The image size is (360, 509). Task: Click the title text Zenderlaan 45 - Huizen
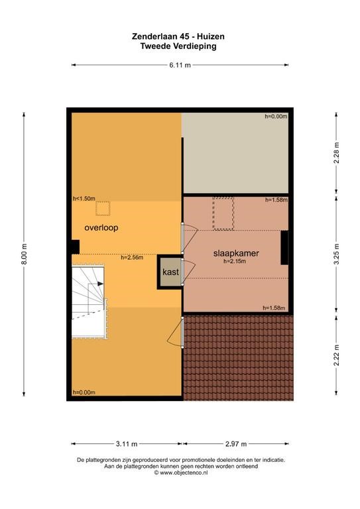point(178,36)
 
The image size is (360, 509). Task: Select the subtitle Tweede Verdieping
point(178,46)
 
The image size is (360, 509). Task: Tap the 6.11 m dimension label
point(180,65)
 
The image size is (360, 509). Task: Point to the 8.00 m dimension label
point(24,254)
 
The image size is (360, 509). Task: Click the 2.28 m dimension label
point(336,153)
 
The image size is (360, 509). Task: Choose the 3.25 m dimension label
point(336,254)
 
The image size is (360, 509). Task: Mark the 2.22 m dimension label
point(336,355)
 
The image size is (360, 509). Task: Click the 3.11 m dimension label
point(127,444)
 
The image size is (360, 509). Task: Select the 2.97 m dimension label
point(236,444)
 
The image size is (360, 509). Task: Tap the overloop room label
point(101,227)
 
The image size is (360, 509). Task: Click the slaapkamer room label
point(236,253)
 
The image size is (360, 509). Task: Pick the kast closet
point(170,272)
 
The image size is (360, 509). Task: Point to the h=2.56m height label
point(132,258)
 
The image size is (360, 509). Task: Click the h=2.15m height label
point(235,261)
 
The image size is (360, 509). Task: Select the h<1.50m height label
point(84,199)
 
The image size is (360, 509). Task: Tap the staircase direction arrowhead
point(101,284)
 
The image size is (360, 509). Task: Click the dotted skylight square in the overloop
point(103,209)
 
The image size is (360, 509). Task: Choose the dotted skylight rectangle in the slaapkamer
point(223,213)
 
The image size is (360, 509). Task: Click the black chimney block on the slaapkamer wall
point(284,247)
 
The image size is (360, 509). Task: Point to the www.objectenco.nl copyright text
point(181,473)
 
